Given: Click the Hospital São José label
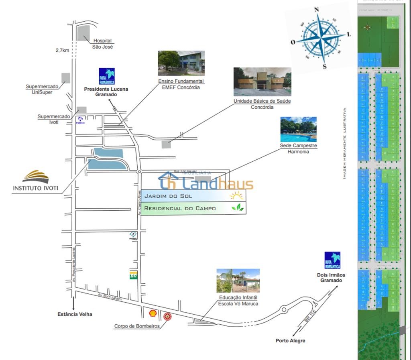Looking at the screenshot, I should click(x=102, y=43).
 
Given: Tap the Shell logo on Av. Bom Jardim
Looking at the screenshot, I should click(x=153, y=312).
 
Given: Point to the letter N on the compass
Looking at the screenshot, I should click(x=316, y=10).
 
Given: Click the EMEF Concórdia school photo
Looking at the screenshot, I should click(x=181, y=63).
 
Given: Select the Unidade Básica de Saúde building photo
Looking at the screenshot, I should click(x=262, y=81).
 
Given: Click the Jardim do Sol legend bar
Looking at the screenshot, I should click(x=193, y=196).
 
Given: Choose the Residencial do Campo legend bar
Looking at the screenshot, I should click(x=193, y=208).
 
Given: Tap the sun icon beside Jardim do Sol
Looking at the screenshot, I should click(x=236, y=196).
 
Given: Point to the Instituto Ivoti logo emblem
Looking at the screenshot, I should click(x=35, y=177).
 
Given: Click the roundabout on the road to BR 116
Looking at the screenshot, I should click(x=284, y=309).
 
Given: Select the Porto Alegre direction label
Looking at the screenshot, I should click(x=290, y=341).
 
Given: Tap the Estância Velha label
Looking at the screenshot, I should click(x=75, y=314).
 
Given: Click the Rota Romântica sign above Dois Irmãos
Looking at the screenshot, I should click(x=332, y=261).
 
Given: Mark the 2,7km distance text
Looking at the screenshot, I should click(x=62, y=51).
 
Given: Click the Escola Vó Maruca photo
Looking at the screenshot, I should click(x=238, y=281).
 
